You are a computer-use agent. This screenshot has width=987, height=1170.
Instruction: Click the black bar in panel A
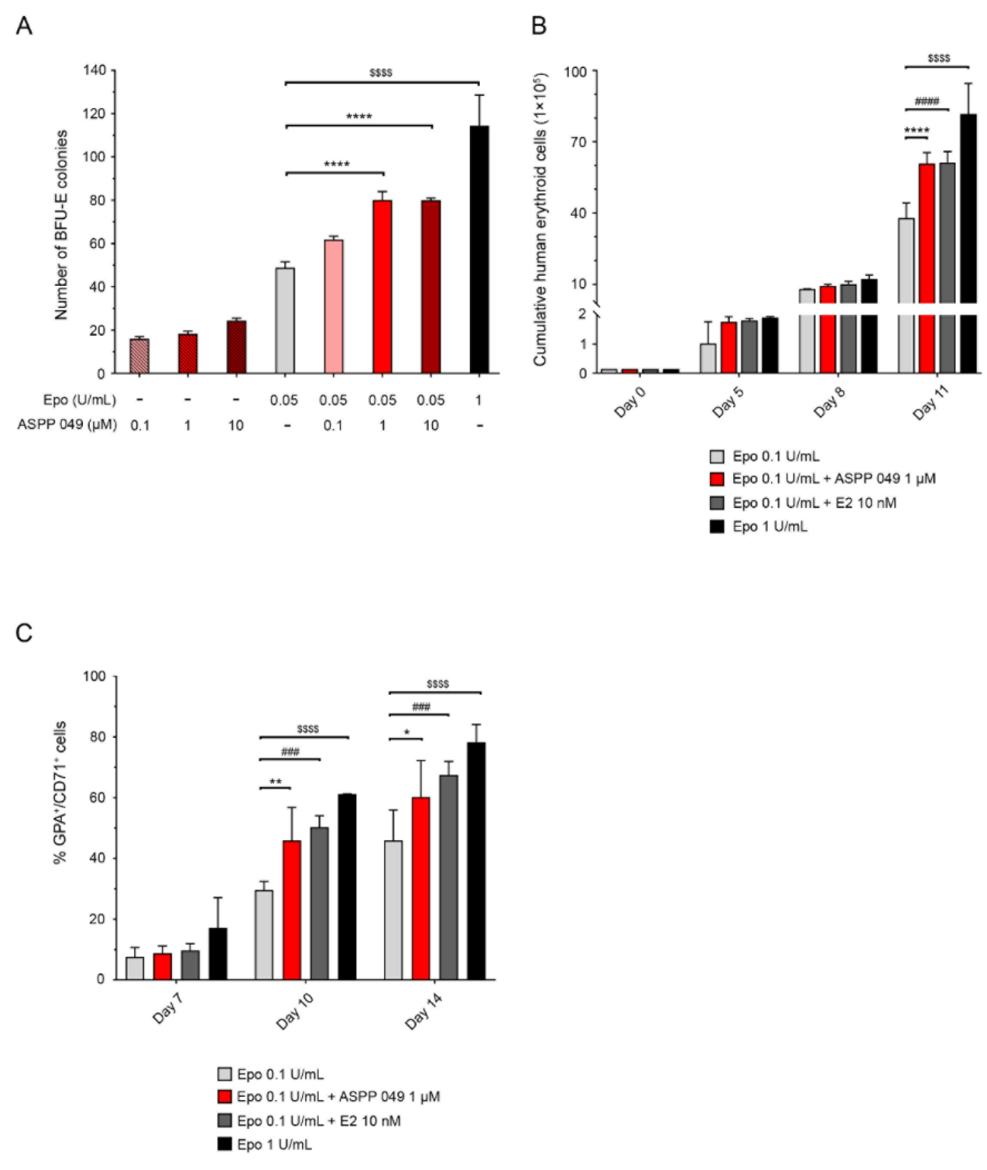click(x=479, y=250)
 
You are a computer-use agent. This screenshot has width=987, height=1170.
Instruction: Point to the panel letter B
click(x=538, y=26)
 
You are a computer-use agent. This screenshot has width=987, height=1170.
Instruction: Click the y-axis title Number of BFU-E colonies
click(x=61, y=225)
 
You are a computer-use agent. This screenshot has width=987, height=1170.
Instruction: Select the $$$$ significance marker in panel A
click(x=381, y=73)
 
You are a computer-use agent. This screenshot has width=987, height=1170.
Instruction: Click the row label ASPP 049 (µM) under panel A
click(x=67, y=425)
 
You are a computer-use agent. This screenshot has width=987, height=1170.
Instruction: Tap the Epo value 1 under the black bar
click(x=479, y=400)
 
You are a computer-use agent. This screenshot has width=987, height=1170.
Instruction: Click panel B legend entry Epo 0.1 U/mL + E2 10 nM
click(x=814, y=503)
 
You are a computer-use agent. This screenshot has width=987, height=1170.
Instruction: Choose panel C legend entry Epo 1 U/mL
click(x=274, y=1145)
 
